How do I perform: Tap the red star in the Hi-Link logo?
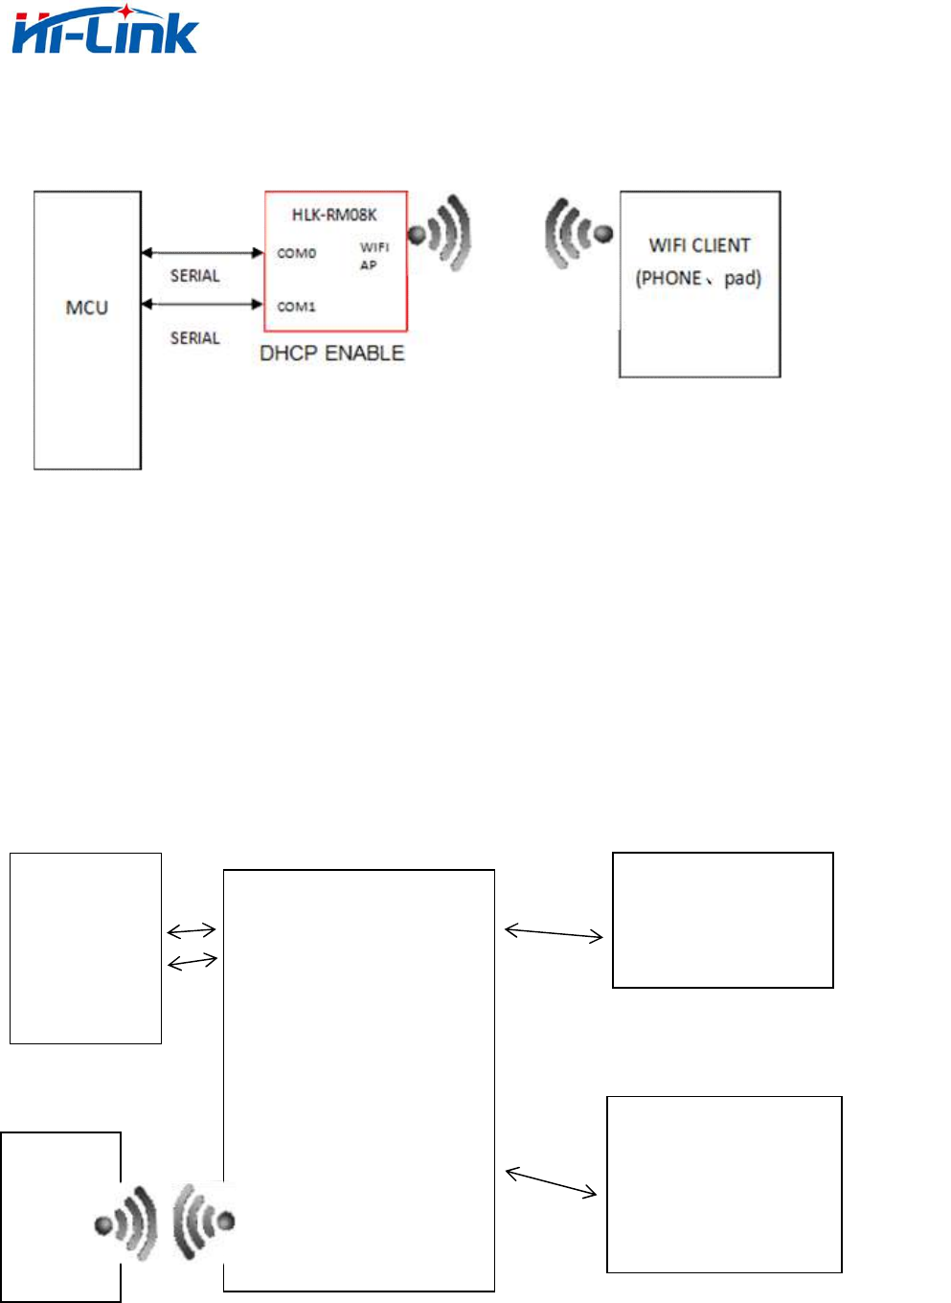click(x=125, y=11)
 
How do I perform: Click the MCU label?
click(x=86, y=308)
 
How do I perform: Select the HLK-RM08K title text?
click(x=334, y=215)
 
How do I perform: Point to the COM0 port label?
click(x=296, y=253)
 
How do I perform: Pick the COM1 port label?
click(x=296, y=307)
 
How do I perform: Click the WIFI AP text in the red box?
click(x=374, y=256)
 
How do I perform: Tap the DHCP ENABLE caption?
click(x=331, y=354)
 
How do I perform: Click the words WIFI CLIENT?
click(x=699, y=245)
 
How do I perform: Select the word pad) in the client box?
click(x=742, y=279)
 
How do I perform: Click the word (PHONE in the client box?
click(x=668, y=279)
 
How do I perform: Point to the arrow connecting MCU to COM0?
click(x=202, y=253)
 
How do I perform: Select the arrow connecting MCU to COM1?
click(x=202, y=305)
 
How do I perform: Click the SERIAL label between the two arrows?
click(x=194, y=276)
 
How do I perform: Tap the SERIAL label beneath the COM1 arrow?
click(x=194, y=338)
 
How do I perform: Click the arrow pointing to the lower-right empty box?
click(x=551, y=1182)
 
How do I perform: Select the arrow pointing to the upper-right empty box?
click(x=554, y=932)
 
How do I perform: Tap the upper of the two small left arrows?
click(x=192, y=930)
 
